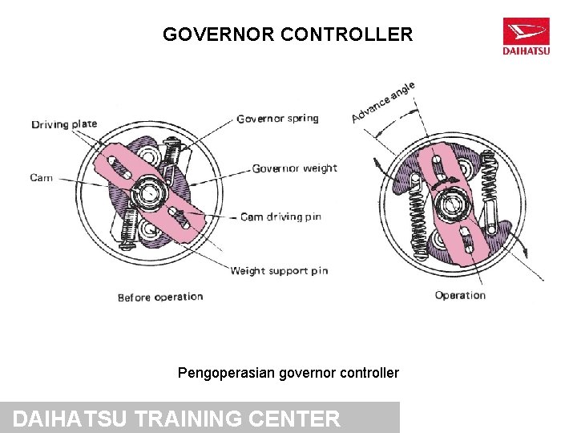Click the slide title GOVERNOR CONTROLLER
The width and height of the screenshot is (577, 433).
pos(288,34)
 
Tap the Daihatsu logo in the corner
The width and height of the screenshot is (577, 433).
pos(526,36)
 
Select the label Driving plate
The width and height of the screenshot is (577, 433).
pos(64,123)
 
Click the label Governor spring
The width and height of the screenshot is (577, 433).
pos(277,119)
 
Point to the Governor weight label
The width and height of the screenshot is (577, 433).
pos(294,168)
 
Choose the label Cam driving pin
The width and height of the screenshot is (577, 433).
pos(281,216)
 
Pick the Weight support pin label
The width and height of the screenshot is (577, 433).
pos(279,270)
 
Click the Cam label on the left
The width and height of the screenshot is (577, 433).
pos(42,177)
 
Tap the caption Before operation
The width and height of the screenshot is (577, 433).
pos(160,297)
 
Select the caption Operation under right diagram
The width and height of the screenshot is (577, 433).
pos(460,295)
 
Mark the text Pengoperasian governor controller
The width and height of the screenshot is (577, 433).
pos(288,373)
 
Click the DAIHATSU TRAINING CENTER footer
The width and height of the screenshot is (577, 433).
pos(177,419)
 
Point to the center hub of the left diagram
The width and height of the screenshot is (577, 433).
pos(149,193)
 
